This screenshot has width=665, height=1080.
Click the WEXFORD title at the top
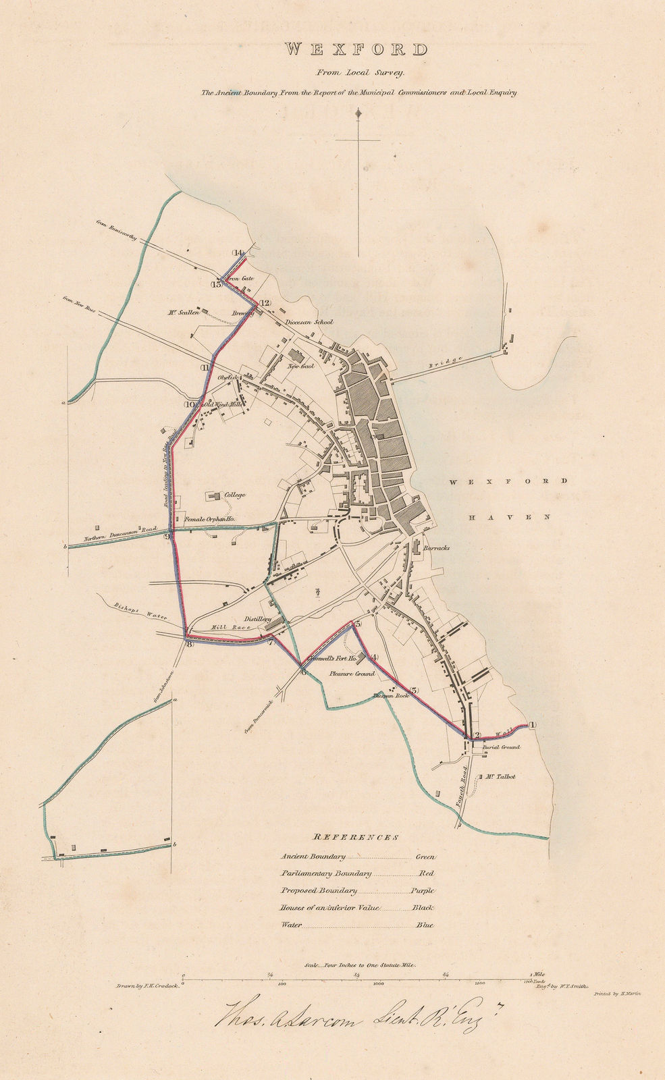[355, 49]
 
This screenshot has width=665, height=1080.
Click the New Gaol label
[302, 367]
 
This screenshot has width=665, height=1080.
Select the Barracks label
[436, 549]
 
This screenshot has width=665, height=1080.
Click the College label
[235, 495]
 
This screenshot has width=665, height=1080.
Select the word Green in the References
[425, 857]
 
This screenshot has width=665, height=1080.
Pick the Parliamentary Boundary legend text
[326, 873]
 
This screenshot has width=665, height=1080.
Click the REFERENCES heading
[356, 837]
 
